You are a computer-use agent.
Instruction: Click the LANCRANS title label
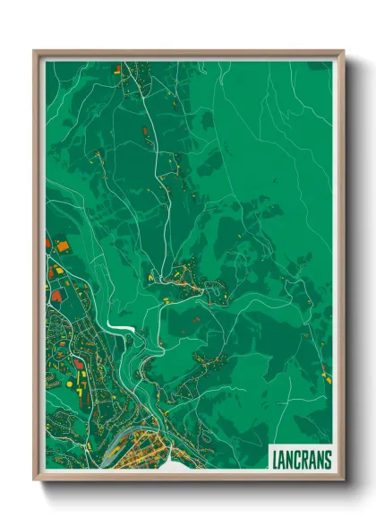[x=300, y=458]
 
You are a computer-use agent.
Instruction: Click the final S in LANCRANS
[x=327, y=458]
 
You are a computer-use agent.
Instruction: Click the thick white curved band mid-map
[x=122, y=326]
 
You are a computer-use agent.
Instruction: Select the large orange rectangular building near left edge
[x=62, y=244]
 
